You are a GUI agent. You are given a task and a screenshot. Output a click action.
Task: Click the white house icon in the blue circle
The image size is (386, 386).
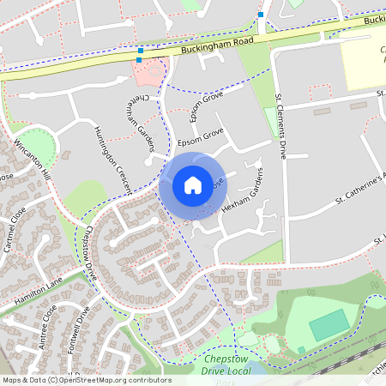coord(193,184)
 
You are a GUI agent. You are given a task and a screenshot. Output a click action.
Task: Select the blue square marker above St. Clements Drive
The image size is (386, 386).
coord(261,15)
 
